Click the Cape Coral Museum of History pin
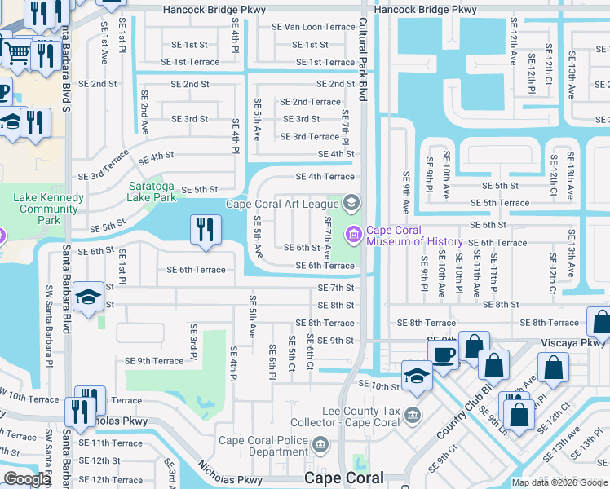point(354,236)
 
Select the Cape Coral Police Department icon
point(320,445)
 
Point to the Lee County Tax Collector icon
point(413,416)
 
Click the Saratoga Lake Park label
point(152,192)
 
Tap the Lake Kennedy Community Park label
point(49,209)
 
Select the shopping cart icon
point(16,53)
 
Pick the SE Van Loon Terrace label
point(313,27)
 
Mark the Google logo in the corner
point(26,479)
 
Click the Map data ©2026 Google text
point(559,482)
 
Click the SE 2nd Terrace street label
point(310,102)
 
